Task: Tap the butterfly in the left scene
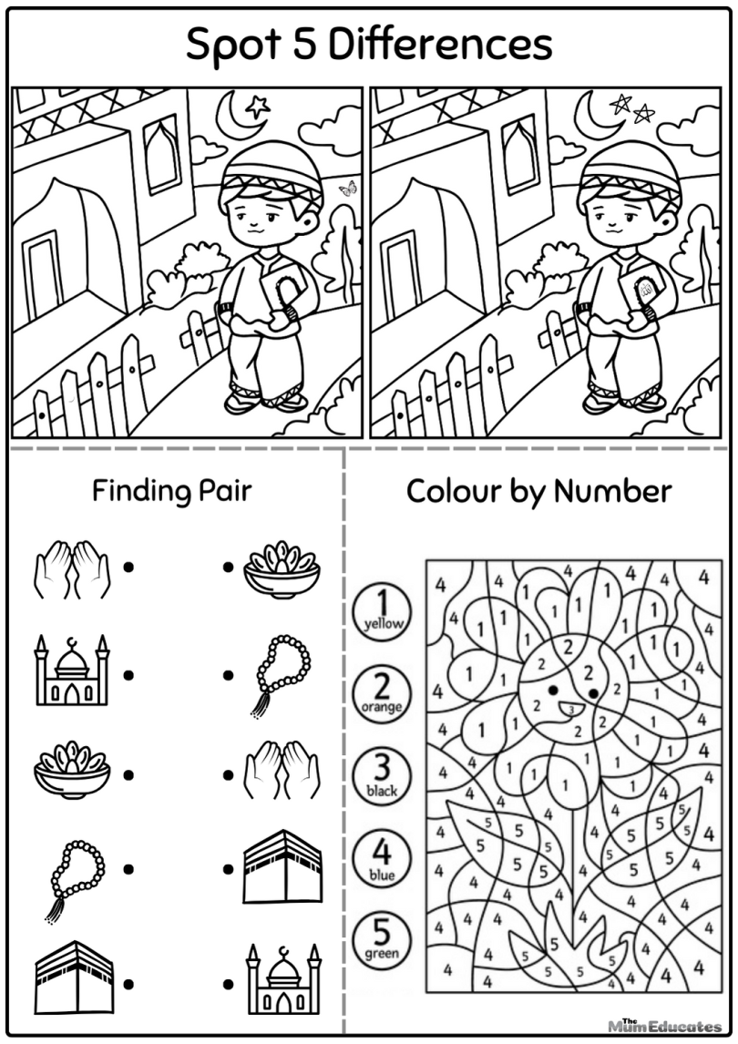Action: (347, 189)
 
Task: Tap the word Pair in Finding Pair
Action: (223, 492)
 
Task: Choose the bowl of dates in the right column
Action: (281, 568)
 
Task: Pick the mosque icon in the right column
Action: (282, 982)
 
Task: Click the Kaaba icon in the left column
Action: (73, 980)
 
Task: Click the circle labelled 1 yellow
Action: (382, 610)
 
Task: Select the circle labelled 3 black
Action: (382, 775)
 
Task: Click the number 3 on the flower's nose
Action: (569, 708)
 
